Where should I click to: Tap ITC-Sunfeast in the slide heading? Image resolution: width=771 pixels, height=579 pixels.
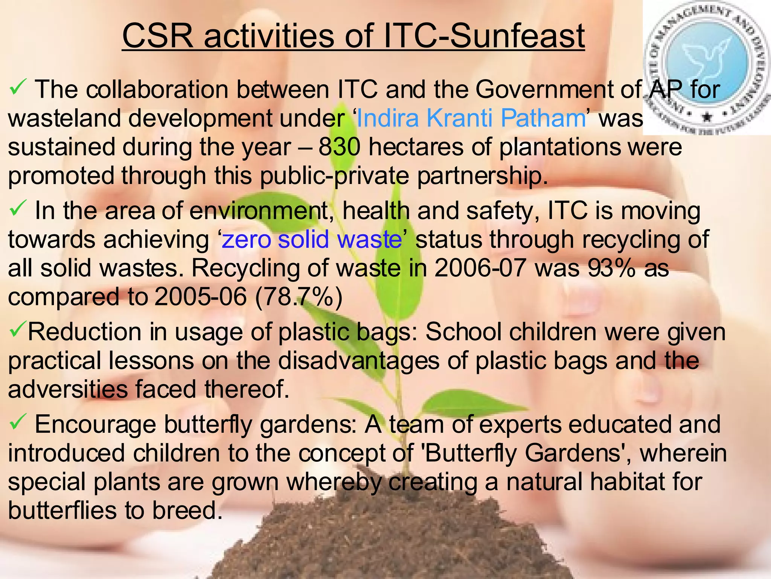tap(483, 36)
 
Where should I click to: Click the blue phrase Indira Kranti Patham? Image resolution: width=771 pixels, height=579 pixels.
tap(471, 118)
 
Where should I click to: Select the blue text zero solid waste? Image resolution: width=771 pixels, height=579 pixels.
tap(312, 240)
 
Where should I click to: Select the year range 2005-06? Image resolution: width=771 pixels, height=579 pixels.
tap(200, 297)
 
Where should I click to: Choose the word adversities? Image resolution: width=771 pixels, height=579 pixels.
tap(68, 389)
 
